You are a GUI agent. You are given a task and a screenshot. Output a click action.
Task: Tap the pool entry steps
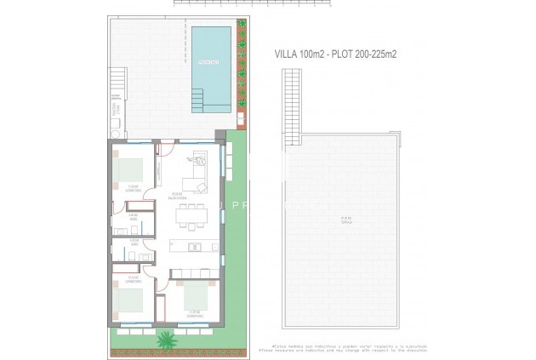198,102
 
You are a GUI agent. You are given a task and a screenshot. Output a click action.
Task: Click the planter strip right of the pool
241,72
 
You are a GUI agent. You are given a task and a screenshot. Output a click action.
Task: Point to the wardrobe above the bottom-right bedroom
193,274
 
